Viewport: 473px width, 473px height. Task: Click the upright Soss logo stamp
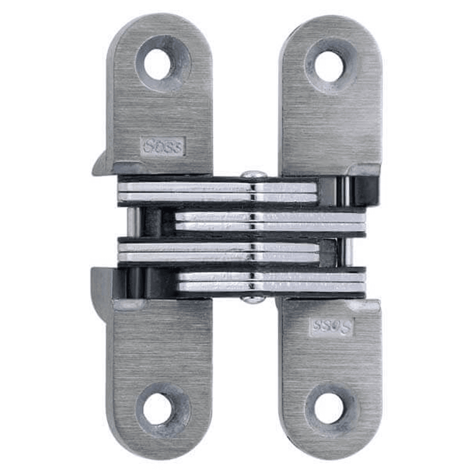[163, 147]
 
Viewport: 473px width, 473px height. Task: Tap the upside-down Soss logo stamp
[332, 326]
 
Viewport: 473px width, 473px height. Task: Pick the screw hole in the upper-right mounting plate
[329, 66]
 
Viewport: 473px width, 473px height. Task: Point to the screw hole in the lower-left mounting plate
[158, 408]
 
